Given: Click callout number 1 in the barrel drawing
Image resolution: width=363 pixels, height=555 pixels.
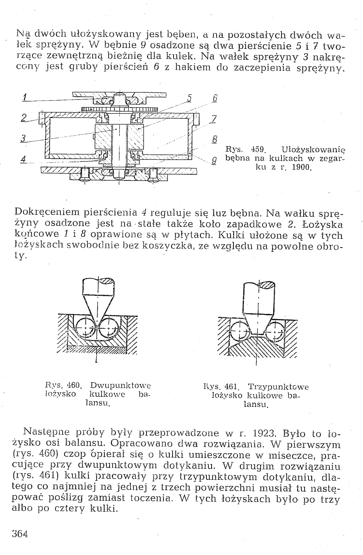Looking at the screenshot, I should point(24,98).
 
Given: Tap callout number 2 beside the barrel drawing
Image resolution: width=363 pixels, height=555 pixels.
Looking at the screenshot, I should point(24,118).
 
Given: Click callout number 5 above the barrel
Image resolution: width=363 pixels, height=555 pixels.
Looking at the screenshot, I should point(189,98).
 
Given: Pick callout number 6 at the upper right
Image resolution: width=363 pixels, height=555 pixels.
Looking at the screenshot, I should point(215,98).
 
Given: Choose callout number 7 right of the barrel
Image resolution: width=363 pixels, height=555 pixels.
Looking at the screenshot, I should point(214,119).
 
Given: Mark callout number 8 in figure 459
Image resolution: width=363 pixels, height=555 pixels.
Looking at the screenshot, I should point(214,139).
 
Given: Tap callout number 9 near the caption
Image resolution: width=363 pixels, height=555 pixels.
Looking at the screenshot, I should point(214,161).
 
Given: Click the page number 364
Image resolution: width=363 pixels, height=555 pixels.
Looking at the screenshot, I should point(20,533).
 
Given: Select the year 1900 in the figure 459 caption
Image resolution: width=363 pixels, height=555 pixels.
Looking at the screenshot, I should point(299,169).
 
